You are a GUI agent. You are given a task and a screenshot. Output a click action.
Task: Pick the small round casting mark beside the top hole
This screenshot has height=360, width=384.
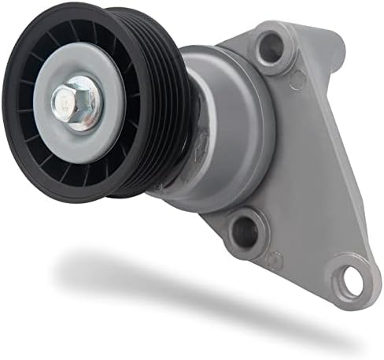(x=297, y=79)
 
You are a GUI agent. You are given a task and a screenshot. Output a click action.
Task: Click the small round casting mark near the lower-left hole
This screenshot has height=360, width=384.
(x=273, y=260)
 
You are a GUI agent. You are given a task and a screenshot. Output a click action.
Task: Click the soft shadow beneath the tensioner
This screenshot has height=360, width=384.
(x=157, y=280)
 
